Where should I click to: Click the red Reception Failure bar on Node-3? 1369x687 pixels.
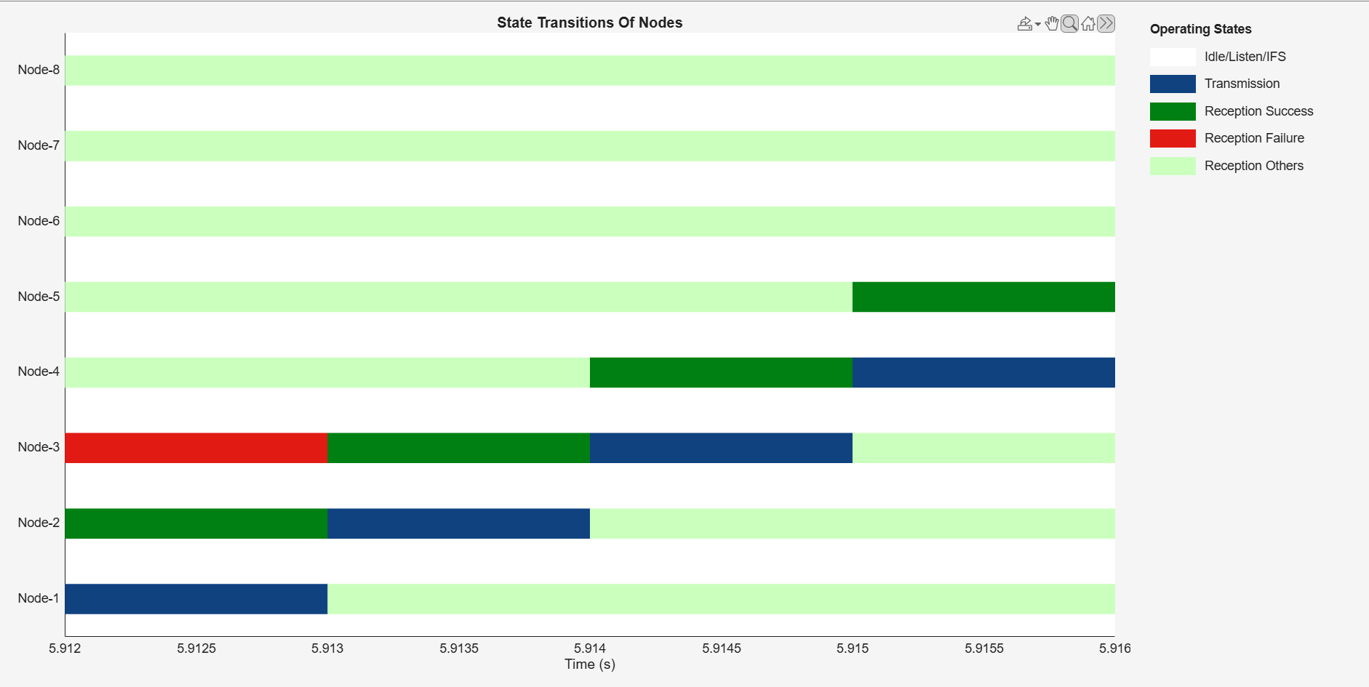click(x=196, y=448)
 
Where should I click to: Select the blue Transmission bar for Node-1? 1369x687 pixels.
click(x=196, y=599)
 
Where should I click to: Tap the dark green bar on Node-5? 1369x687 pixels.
click(x=983, y=297)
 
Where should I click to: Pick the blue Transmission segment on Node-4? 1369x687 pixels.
click(x=983, y=372)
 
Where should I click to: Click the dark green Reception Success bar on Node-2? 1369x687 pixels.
click(x=196, y=523)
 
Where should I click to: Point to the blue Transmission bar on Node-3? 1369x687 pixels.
click(x=721, y=448)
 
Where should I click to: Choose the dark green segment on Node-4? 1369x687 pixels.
click(x=721, y=372)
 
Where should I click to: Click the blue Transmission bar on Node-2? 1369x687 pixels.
click(x=458, y=523)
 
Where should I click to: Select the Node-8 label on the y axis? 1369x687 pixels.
click(x=39, y=70)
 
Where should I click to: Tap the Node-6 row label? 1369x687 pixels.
click(x=39, y=221)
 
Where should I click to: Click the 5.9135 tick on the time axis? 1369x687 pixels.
click(x=459, y=648)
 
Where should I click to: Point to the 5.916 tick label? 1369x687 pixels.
click(x=1115, y=648)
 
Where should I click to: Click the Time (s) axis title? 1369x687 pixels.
click(x=590, y=664)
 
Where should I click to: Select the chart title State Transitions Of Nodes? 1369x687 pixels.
click(x=590, y=23)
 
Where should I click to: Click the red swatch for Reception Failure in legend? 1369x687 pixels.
click(x=1173, y=138)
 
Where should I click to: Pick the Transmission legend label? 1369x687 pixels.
click(x=1242, y=84)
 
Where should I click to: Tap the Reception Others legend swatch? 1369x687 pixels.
click(x=1173, y=166)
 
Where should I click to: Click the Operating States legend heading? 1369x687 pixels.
click(x=1200, y=29)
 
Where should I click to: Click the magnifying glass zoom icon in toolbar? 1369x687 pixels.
click(x=1069, y=23)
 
